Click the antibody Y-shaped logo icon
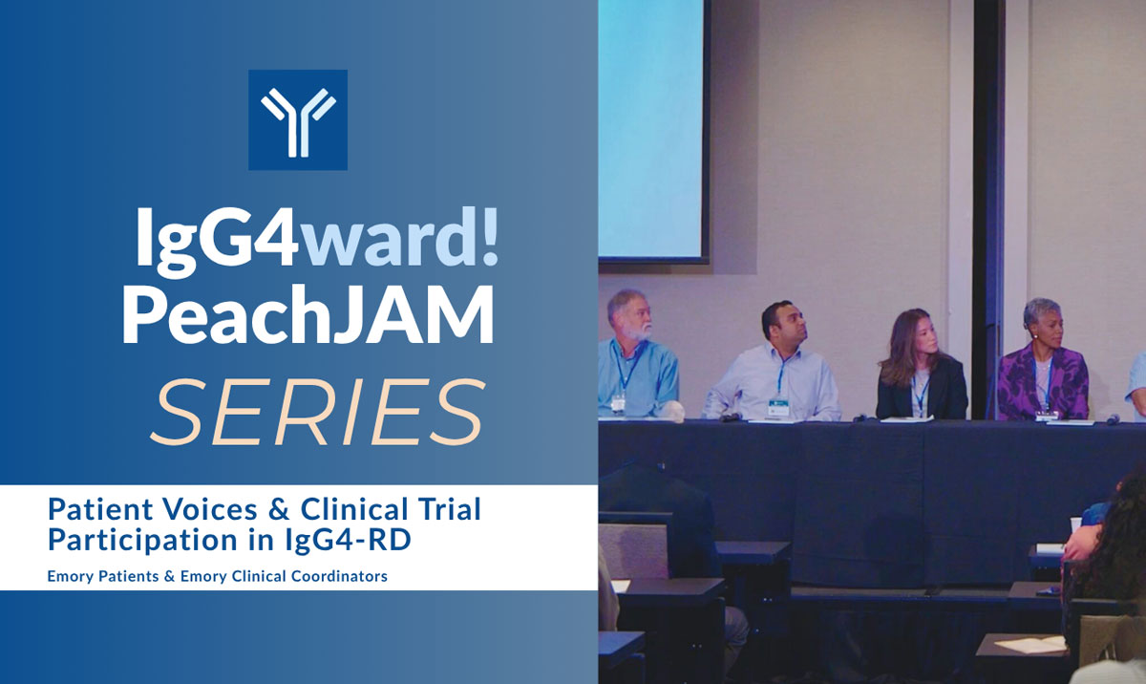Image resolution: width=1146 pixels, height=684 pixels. (x=298, y=119)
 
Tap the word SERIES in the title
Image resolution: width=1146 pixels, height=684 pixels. (x=315, y=414)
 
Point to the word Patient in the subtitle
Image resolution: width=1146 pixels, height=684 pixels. (x=96, y=510)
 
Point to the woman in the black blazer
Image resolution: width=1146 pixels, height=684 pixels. (x=920, y=368)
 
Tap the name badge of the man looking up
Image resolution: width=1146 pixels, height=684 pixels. (x=779, y=406)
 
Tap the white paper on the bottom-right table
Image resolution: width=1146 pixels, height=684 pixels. (x=1034, y=645)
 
